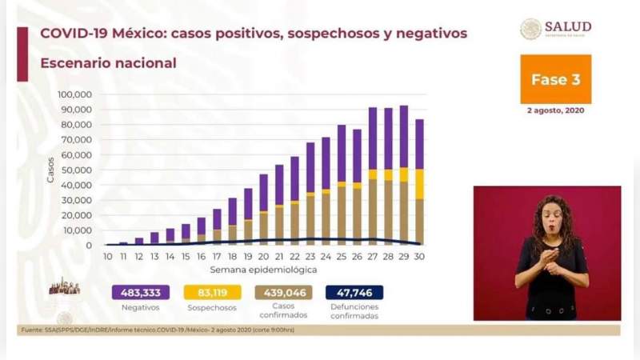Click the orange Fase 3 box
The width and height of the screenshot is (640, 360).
pyautogui.click(x=555, y=79)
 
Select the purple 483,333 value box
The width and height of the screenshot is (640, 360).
pyautogui.click(x=141, y=293)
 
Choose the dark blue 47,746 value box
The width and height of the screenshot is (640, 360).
pyautogui.click(x=354, y=293)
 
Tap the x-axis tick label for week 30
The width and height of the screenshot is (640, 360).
pyautogui.click(x=418, y=256)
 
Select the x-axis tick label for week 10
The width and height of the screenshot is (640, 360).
pyautogui.click(x=108, y=256)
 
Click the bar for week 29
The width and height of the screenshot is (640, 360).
pyautogui.click(x=403, y=176)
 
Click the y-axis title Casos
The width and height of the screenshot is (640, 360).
pyautogui.click(x=50, y=170)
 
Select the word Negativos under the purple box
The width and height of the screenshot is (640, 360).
pyautogui.click(x=141, y=307)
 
